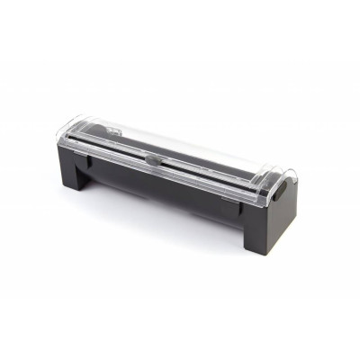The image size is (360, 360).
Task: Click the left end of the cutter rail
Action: [x=90, y=148]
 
